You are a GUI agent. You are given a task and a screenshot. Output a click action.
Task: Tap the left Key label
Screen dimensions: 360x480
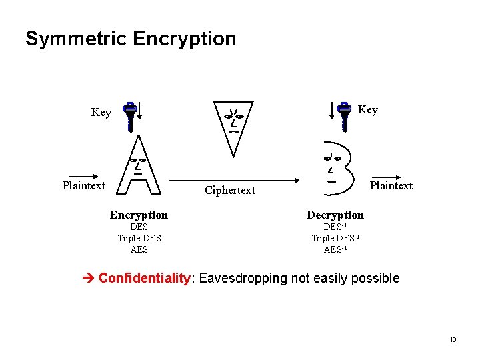click(101, 113)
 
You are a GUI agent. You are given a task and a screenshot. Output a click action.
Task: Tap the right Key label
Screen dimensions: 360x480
click(367, 110)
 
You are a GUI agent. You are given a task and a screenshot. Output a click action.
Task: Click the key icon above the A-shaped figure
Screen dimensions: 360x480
click(131, 116)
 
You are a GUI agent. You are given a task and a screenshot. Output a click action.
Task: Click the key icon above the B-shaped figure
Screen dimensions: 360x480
click(344, 116)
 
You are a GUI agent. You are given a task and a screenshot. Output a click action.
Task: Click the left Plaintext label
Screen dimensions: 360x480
click(84, 185)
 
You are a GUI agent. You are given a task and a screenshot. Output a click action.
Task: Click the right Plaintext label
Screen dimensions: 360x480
click(391, 185)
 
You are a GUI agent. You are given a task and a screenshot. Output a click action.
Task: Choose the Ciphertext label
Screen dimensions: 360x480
click(230, 191)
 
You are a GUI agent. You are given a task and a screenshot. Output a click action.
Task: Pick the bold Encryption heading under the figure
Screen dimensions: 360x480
click(139, 215)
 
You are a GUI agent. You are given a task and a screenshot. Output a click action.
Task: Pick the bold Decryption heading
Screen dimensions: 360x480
click(335, 215)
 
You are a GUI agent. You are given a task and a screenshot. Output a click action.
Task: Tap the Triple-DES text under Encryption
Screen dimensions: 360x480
click(139, 238)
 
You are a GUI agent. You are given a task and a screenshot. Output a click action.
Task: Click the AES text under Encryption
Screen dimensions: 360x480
click(139, 249)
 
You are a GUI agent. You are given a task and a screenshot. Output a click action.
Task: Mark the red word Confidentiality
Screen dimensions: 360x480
click(145, 278)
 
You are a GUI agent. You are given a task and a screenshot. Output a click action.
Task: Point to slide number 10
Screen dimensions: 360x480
click(453, 340)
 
